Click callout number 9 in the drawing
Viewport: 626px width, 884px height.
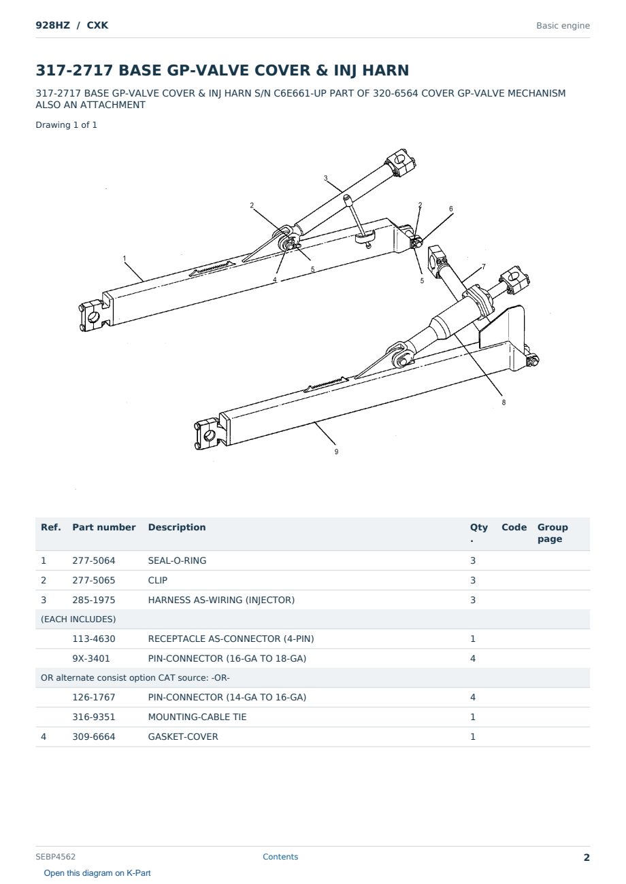tap(336, 452)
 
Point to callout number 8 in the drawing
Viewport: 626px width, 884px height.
tap(504, 403)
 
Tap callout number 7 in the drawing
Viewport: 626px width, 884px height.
tap(483, 267)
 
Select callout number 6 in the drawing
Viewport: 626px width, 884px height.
tap(450, 209)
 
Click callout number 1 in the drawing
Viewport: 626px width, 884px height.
tap(125, 258)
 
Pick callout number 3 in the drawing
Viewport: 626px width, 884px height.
tap(325, 178)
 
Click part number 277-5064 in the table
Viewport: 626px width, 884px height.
tap(94, 560)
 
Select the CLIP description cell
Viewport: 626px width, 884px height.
tap(158, 580)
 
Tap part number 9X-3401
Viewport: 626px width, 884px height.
tap(91, 658)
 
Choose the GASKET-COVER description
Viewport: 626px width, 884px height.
tap(183, 736)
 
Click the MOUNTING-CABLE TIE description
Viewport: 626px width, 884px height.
tap(197, 717)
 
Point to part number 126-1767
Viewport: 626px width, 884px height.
tap(94, 697)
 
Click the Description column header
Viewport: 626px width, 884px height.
tap(177, 527)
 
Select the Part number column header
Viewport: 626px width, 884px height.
tap(104, 527)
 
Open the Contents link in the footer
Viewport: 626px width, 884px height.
tap(280, 856)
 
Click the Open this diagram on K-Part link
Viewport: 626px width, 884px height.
tap(97, 872)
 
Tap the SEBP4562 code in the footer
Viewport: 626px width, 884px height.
tap(55, 856)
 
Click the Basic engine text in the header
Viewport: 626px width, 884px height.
tap(563, 26)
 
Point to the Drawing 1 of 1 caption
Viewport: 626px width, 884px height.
tap(67, 125)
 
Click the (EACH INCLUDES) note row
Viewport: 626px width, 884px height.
tap(78, 619)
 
